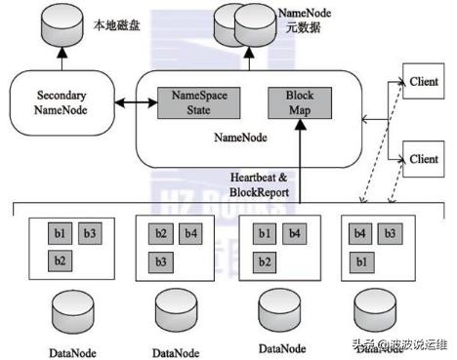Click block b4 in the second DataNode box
[189, 234]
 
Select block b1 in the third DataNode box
[263, 234]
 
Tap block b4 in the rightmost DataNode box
[360, 234]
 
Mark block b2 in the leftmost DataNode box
[60, 260]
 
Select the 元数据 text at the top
[302, 27]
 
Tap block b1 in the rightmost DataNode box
[360, 260]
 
